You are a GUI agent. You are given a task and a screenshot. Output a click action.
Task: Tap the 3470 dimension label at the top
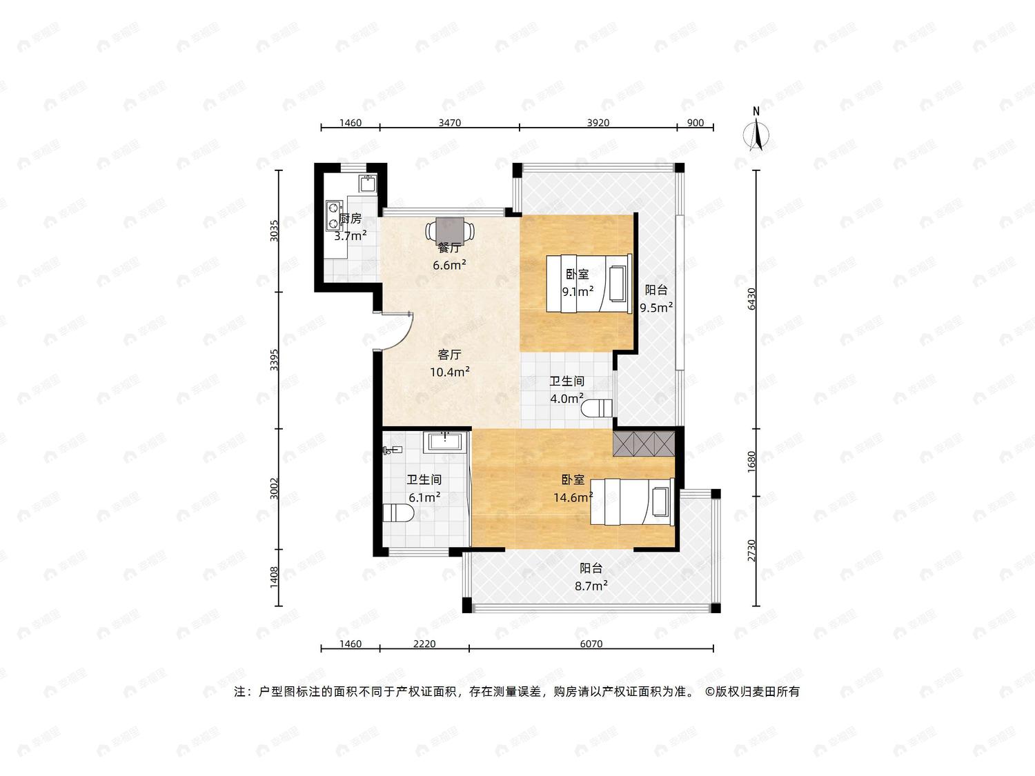coord(449,123)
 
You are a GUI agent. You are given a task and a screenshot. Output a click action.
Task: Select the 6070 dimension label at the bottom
coord(591,644)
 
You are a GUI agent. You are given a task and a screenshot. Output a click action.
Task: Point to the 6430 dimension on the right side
coord(751,299)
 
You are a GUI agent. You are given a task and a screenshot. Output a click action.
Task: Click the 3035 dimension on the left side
coord(274,231)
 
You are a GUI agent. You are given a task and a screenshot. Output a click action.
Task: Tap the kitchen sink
coord(368,183)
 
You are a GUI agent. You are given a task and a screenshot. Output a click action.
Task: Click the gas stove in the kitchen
coord(334,215)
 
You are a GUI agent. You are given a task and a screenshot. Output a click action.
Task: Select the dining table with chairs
coord(450,230)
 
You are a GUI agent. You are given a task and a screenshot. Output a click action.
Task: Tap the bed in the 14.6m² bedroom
coord(632,501)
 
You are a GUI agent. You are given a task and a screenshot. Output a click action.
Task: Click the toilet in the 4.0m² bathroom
coord(596,408)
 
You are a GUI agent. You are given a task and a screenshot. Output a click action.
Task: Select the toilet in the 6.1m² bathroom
coord(398,513)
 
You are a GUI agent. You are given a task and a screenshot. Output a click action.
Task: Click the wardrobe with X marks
coord(644,444)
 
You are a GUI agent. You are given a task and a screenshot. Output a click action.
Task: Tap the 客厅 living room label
coord(449,355)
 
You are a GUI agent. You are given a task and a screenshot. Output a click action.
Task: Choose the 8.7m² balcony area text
coord(591,586)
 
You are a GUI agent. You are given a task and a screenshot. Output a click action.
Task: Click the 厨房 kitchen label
coord(351,219)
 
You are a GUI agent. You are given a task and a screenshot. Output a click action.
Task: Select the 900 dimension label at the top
coord(696,123)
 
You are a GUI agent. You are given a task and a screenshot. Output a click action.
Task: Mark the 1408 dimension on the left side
coord(274,577)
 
